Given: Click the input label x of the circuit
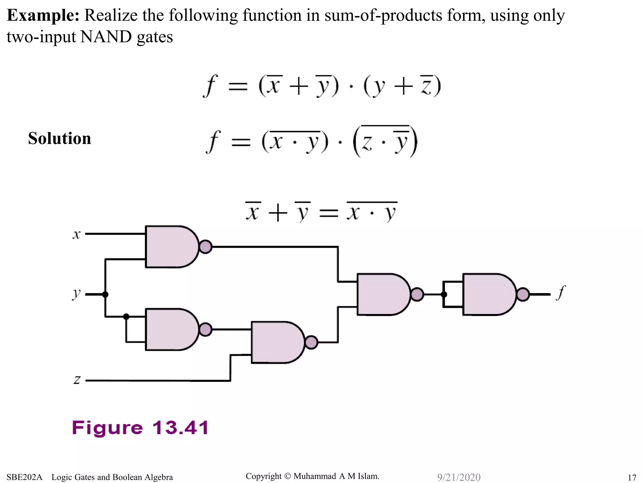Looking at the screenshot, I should [x=77, y=235].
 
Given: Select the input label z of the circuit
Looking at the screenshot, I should [x=77, y=380].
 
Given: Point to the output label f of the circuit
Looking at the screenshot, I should [x=561, y=292].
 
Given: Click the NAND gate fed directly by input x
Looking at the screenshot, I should [x=171, y=247].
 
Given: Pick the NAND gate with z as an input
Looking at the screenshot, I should [x=277, y=342].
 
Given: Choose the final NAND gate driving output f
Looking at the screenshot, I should [x=489, y=294].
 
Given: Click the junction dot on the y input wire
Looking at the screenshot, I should [x=105, y=295].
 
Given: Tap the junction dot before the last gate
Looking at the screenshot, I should [x=444, y=295].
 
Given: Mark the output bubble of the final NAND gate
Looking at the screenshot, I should [x=523, y=295].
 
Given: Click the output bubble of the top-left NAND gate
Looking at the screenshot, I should [x=206, y=247].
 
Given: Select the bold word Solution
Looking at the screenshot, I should [x=60, y=138].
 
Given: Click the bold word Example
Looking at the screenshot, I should [x=43, y=15].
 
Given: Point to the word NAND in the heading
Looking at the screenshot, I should [x=106, y=37].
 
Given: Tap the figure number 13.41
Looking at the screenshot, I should [x=181, y=428].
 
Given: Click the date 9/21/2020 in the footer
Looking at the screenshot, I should [x=459, y=477].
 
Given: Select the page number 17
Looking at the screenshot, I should [x=632, y=478].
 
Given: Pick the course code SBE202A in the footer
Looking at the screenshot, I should [x=24, y=477].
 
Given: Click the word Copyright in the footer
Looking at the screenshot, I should [x=263, y=476].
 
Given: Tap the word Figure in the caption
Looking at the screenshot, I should [x=107, y=428].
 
